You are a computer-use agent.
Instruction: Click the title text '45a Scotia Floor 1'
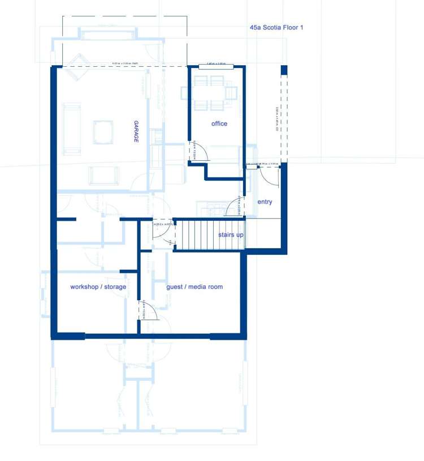276,27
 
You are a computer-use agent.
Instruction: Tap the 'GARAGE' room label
136,131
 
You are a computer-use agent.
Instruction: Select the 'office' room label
219,123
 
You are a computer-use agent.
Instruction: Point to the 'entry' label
265,202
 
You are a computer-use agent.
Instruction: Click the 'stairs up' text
231,234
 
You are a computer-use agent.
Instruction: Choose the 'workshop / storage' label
98,287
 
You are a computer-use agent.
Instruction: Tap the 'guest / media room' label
194,287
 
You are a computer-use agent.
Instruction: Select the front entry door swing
270,176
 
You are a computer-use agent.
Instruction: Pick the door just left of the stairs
165,233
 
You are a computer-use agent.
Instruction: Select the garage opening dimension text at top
126,63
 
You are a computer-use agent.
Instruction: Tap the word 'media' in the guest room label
196,287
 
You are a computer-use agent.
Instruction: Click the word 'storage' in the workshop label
114,287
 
